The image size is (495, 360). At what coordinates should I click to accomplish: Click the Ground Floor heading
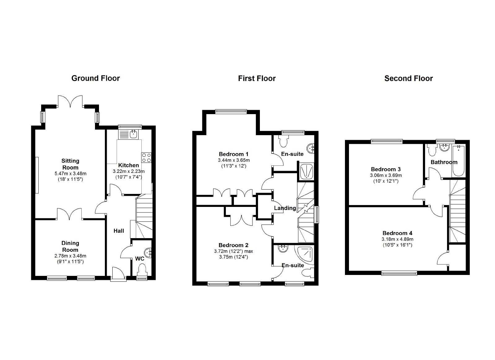tap(96, 78)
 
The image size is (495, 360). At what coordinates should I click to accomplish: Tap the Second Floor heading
tap(409, 79)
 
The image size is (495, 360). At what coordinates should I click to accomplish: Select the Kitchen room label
tap(129, 165)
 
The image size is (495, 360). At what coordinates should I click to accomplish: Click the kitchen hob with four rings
tap(147, 158)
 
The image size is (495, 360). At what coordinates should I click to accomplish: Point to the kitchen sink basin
tap(134, 134)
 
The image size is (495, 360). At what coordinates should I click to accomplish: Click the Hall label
tap(119, 231)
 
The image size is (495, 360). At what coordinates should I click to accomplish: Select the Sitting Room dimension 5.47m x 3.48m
tap(70, 174)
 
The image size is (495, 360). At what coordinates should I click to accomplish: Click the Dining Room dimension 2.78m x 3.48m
tap(70, 256)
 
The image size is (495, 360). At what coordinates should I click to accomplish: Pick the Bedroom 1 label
tap(234, 154)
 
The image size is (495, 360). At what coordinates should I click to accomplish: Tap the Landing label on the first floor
tap(285, 208)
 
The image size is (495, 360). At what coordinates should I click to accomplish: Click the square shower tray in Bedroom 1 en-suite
tap(307, 171)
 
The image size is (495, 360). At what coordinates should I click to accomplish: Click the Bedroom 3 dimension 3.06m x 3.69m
tap(386, 175)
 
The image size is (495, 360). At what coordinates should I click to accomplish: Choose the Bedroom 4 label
tap(397, 233)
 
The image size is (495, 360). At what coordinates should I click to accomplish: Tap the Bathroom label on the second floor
tap(444, 162)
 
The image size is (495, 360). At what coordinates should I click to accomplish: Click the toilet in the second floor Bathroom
tap(432, 150)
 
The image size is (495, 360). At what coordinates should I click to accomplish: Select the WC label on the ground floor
tap(140, 259)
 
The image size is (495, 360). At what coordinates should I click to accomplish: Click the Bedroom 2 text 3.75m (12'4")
tap(234, 257)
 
